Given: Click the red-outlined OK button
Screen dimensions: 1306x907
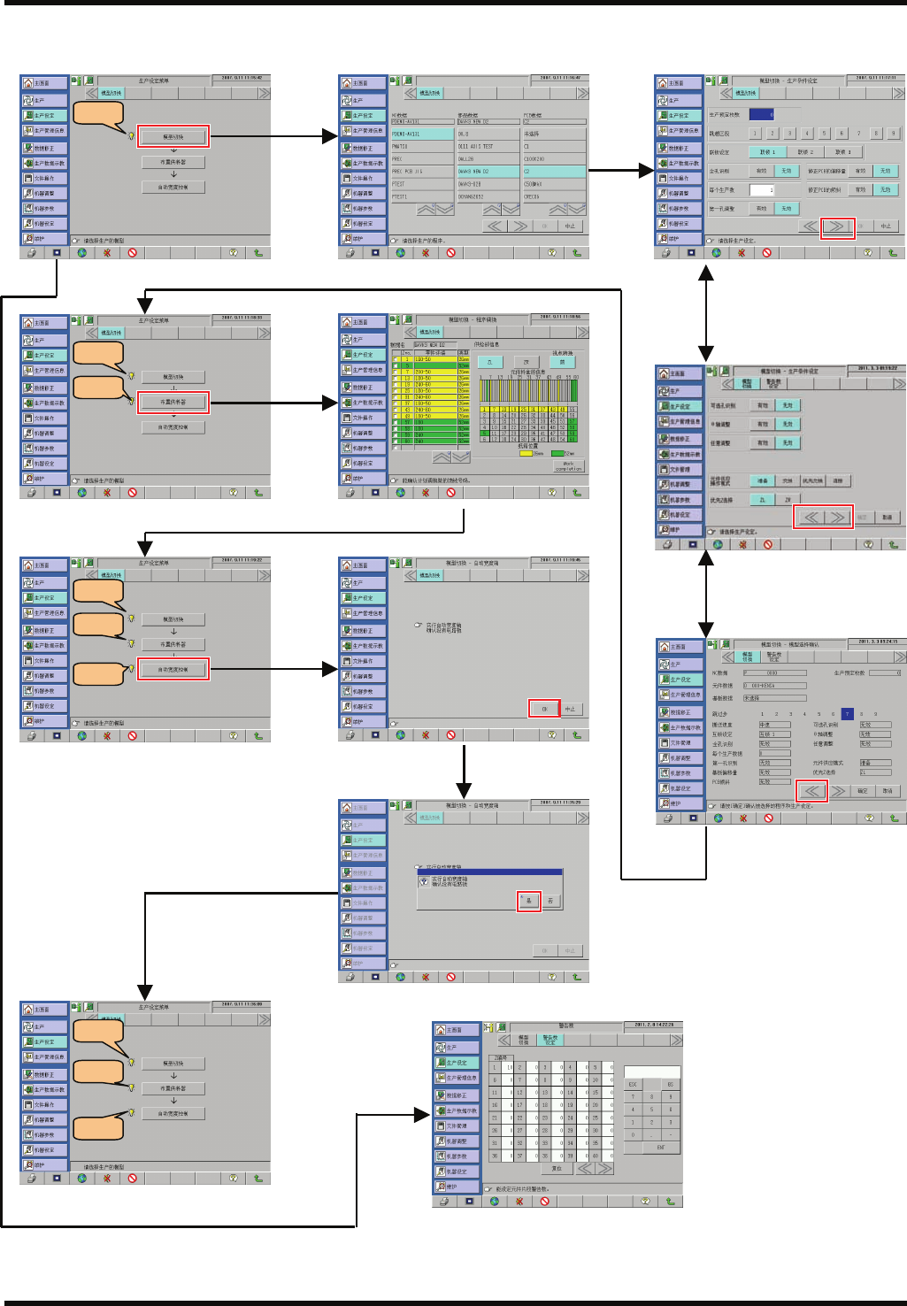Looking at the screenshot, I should [544, 709].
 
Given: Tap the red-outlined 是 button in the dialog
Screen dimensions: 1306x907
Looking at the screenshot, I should [529, 901].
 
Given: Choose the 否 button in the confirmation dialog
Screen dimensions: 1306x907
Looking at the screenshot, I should [550, 901].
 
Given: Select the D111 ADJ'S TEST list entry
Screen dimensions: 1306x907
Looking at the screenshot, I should [477, 147].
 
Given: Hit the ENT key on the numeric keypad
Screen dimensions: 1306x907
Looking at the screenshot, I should [660, 1147].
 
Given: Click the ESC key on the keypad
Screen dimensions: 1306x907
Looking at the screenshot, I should [633, 1084].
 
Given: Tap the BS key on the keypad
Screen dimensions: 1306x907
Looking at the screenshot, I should [670, 1084].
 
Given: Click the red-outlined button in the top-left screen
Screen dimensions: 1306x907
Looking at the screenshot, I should [173, 137].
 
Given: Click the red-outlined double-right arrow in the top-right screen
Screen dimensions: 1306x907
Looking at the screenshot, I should [837, 227].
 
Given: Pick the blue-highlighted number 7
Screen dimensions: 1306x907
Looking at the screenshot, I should [847, 713].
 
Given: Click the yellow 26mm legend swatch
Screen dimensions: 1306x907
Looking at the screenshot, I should [526, 454].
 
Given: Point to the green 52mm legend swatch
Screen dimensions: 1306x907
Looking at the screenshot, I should [557, 454].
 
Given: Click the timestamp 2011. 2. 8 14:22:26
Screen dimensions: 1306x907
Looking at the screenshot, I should [654, 1025].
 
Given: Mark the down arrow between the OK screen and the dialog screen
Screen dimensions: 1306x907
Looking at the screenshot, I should [464, 770].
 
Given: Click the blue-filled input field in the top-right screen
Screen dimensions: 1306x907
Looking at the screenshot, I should [762, 114].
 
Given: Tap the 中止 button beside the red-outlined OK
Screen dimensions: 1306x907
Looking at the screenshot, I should [570, 709].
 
